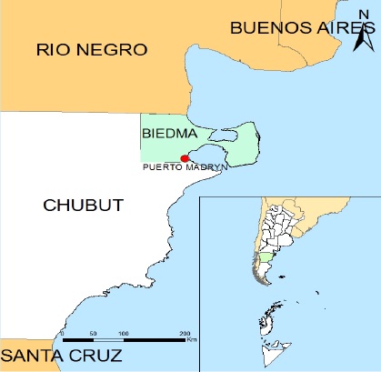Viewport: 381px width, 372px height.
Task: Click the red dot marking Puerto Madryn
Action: point(185,158)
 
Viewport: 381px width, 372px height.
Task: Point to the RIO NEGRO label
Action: point(79,48)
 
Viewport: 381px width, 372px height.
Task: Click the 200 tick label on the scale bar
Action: point(185,334)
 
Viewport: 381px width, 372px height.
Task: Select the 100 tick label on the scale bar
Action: point(123,334)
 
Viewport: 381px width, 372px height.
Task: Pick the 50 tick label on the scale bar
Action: point(92,334)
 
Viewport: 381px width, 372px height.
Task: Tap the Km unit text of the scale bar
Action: point(192,342)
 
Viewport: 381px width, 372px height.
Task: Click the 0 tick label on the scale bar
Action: point(61,334)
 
